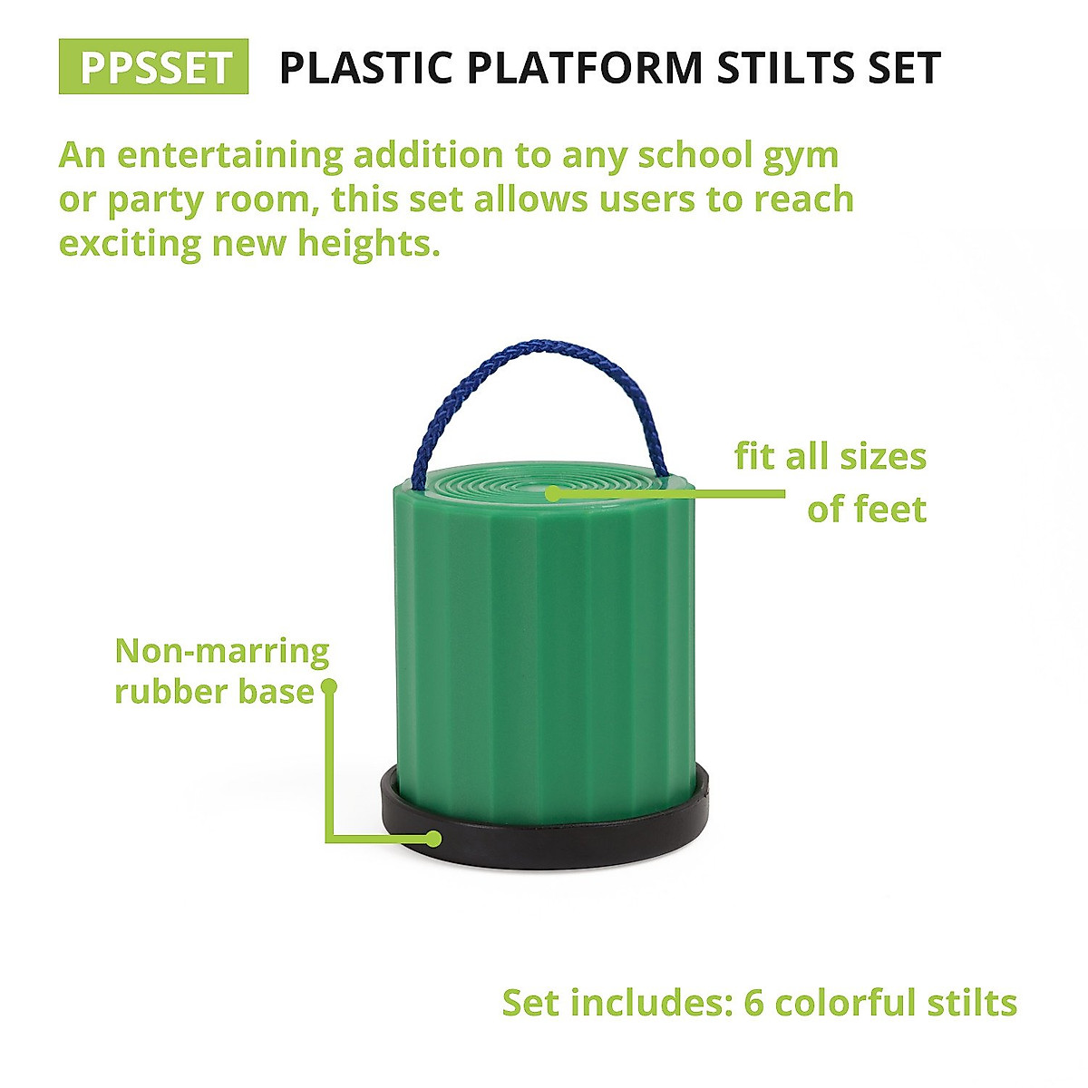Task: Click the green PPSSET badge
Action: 153,67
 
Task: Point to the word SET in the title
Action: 896,68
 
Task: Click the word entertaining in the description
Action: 229,155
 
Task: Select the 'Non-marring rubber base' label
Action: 221,671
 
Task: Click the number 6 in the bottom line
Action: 754,1004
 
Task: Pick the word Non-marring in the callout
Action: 221,651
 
